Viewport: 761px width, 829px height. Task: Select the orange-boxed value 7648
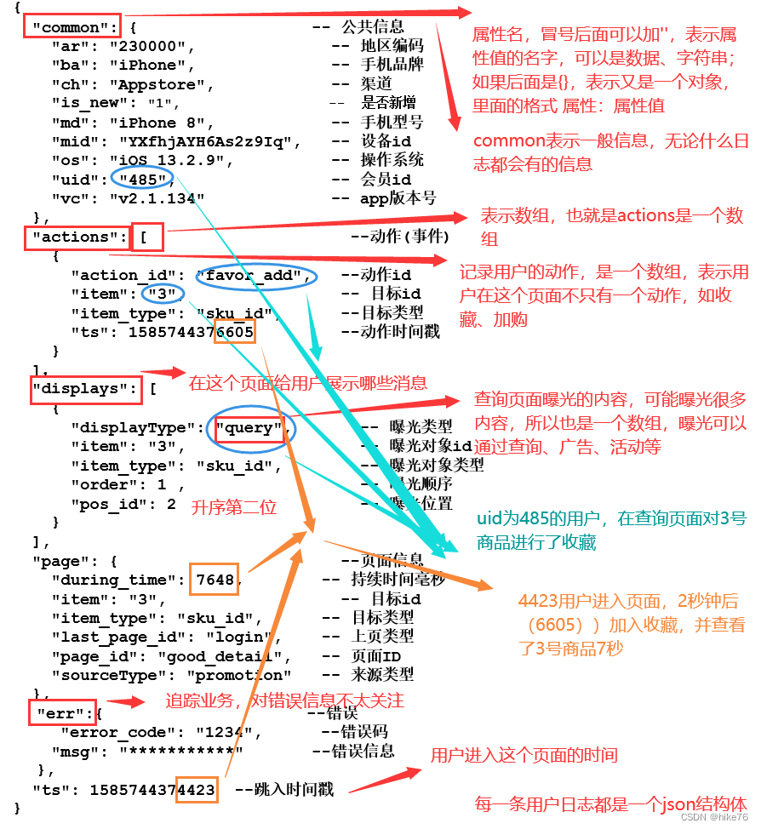(x=214, y=580)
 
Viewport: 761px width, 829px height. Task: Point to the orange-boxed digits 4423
(x=197, y=790)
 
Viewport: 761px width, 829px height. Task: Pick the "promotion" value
(x=235, y=675)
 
